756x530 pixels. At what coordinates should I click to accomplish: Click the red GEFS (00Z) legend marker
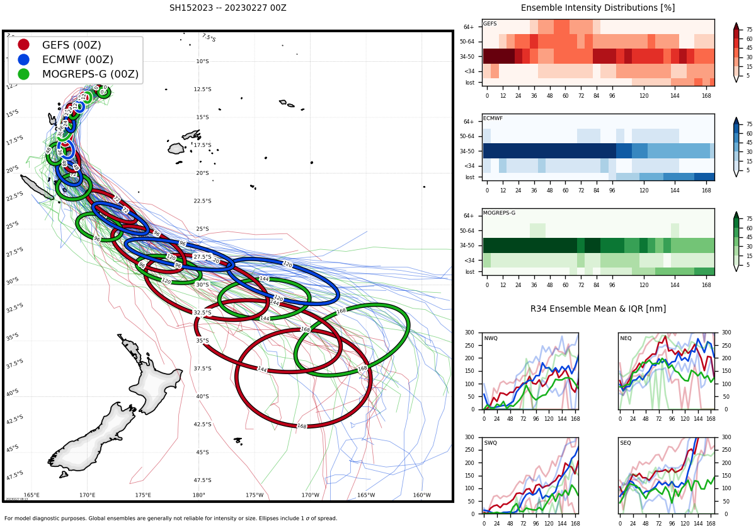click(x=23, y=45)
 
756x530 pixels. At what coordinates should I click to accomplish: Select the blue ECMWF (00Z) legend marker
click(x=23, y=59)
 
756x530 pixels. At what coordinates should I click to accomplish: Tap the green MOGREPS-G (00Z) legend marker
click(x=23, y=74)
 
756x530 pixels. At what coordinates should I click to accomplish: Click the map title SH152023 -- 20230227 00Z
click(x=227, y=8)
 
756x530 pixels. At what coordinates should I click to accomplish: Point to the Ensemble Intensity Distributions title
click(x=597, y=8)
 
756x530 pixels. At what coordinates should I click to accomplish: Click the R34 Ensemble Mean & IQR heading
click(x=598, y=309)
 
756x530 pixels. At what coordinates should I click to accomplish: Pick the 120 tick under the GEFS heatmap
click(x=644, y=95)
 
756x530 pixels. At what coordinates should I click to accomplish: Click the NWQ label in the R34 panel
click(x=490, y=339)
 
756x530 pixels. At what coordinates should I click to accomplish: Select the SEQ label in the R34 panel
click(x=626, y=443)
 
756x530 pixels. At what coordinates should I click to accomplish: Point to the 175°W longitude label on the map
click(x=255, y=495)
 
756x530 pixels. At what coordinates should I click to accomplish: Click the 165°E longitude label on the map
click(x=31, y=495)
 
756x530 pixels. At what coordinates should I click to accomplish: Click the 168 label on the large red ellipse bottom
click(x=302, y=427)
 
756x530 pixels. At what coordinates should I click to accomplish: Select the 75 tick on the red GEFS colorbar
click(x=749, y=29)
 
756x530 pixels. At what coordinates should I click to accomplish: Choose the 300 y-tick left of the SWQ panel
click(x=469, y=437)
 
